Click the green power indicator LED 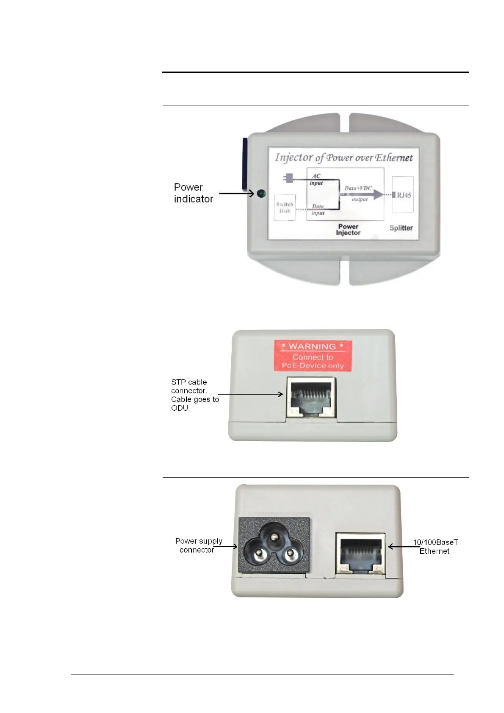[x=261, y=194]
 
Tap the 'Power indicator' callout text [x=194, y=193]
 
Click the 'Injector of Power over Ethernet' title [x=343, y=158]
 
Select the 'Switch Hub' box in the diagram [x=285, y=207]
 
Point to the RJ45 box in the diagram [x=402, y=195]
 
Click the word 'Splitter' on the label [x=401, y=228]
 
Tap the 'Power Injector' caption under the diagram [x=348, y=229]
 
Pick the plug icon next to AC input [x=289, y=178]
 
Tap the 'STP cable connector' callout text [x=195, y=395]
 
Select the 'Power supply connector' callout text [x=198, y=545]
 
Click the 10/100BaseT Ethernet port [x=360, y=553]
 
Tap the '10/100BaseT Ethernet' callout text [x=435, y=547]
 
